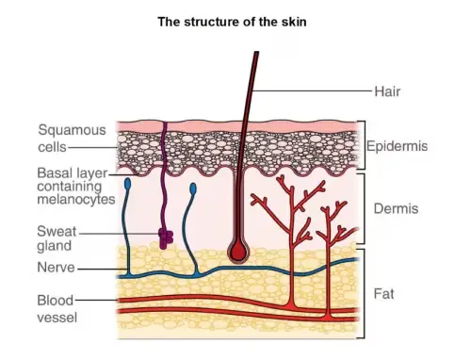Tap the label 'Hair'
coord(388,91)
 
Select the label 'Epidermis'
coord(397,146)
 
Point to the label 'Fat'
coord(384,294)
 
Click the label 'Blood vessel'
coord(56,309)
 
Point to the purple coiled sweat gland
coord(166,239)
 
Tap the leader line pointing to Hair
coord(311,91)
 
